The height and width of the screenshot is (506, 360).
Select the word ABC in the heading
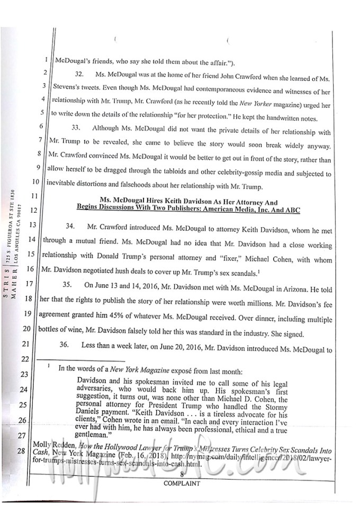click(292, 210)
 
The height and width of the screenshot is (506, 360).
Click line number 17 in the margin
click(44, 284)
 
